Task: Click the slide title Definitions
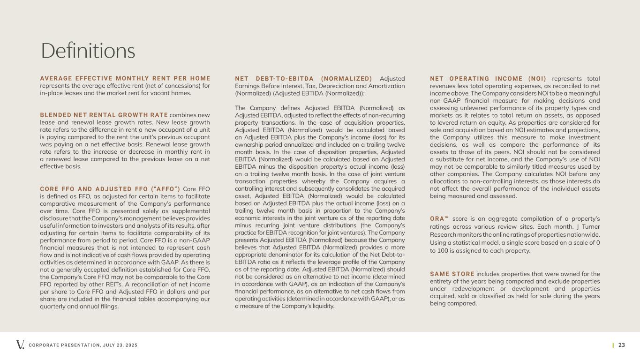pos(88,51)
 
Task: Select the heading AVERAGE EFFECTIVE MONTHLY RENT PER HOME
pos(125,78)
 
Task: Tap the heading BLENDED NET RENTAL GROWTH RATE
pos(104,115)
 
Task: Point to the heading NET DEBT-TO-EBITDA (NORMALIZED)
pos(303,78)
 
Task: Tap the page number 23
pos(622,345)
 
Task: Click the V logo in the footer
pos(20,345)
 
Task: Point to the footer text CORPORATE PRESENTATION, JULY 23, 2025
pos(83,345)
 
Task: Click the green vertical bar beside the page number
pos(613,345)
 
